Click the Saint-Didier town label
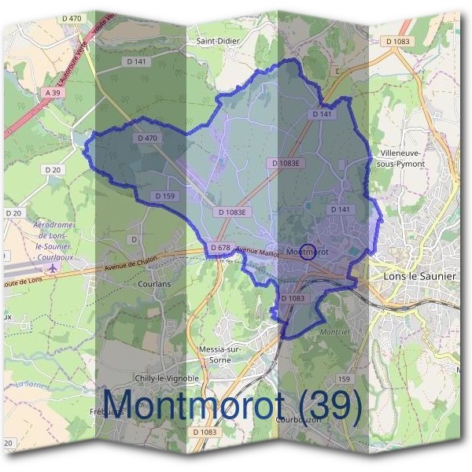coord(218,40)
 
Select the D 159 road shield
coord(165,196)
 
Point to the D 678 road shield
coord(220,248)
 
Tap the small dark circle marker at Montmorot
coord(308,252)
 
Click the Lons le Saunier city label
coord(419,276)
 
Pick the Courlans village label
coord(154,284)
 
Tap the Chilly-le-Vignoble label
coord(167,378)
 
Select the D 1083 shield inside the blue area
coord(292,298)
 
